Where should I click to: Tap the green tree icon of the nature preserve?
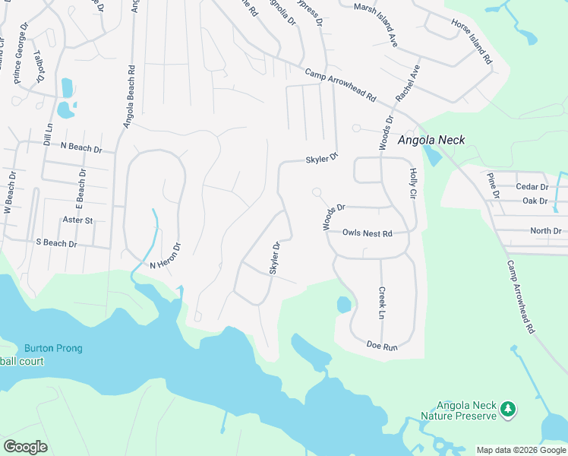pos(507,410)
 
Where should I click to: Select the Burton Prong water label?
pos(52,349)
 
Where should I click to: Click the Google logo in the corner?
pos(25,447)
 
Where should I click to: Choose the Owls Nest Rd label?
pos(367,234)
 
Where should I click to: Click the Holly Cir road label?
pos(414,184)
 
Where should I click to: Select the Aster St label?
pos(77,220)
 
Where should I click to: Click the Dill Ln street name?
pos(48,135)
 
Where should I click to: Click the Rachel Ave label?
pos(408,84)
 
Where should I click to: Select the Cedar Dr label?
pos(532,187)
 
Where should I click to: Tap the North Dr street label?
pos(546,231)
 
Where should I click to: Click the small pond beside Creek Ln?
pos(343,305)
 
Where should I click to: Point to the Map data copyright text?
pos(521,450)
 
